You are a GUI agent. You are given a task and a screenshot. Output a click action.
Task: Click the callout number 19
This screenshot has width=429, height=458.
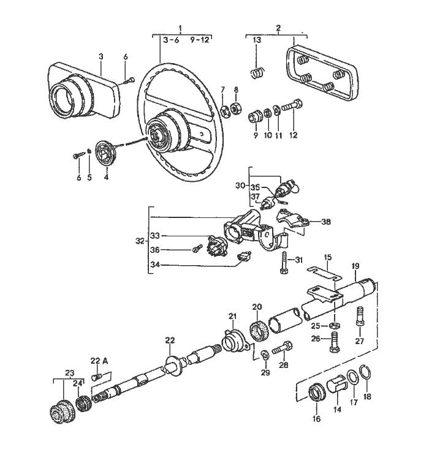coord(355,266)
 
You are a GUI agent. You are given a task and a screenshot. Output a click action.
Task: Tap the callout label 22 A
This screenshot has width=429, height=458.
coord(99,361)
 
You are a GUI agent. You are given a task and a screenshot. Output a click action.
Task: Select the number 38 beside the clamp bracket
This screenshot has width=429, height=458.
coord(326,222)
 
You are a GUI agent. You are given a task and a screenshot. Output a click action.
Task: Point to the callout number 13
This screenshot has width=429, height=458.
coord(257,40)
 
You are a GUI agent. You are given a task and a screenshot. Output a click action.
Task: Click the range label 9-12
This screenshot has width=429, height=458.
coord(200,40)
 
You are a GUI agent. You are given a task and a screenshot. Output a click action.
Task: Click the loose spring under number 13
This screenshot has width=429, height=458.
coord(257,73)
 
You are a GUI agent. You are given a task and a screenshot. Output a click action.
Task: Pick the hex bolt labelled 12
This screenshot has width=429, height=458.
coord(292,105)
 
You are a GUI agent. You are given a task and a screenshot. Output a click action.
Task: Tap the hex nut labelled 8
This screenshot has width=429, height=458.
coord(235,108)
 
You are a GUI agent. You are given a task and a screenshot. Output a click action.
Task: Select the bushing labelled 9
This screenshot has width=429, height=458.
coord(255,116)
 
